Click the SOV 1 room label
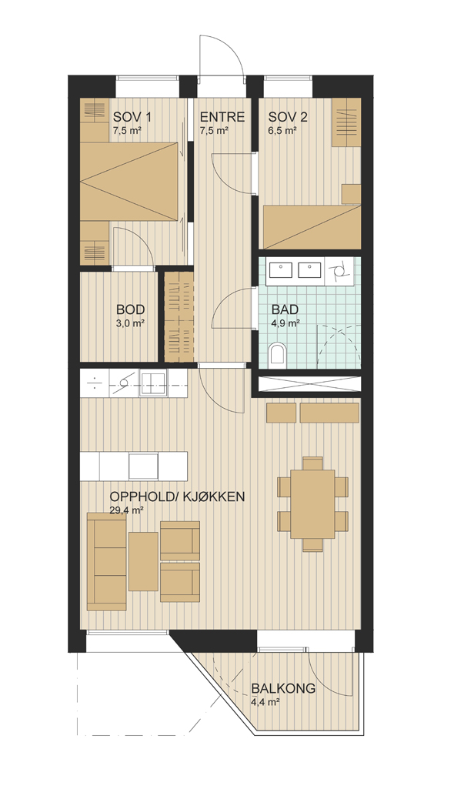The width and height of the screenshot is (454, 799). point(132,118)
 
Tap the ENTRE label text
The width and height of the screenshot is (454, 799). point(222,118)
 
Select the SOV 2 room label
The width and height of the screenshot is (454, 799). point(288,118)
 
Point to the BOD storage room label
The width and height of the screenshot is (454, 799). point(131,309)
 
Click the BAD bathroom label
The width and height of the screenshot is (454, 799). point(285,309)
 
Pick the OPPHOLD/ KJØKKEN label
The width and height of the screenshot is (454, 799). point(177,496)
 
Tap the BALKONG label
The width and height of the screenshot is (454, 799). point(283,689)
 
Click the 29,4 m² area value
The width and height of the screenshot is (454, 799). point(126,510)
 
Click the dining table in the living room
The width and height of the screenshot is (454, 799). point(313,503)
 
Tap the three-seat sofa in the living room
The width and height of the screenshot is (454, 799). point(106,562)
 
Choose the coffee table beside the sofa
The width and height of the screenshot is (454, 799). point(143,562)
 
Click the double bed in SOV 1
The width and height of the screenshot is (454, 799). point(131,182)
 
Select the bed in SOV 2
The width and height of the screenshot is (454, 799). point(312,227)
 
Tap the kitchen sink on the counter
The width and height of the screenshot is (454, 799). point(154,383)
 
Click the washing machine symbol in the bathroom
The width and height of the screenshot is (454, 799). point(337,271)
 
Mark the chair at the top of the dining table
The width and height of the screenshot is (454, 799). point(313,463)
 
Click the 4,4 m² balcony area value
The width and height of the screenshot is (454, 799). point(265,702)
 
